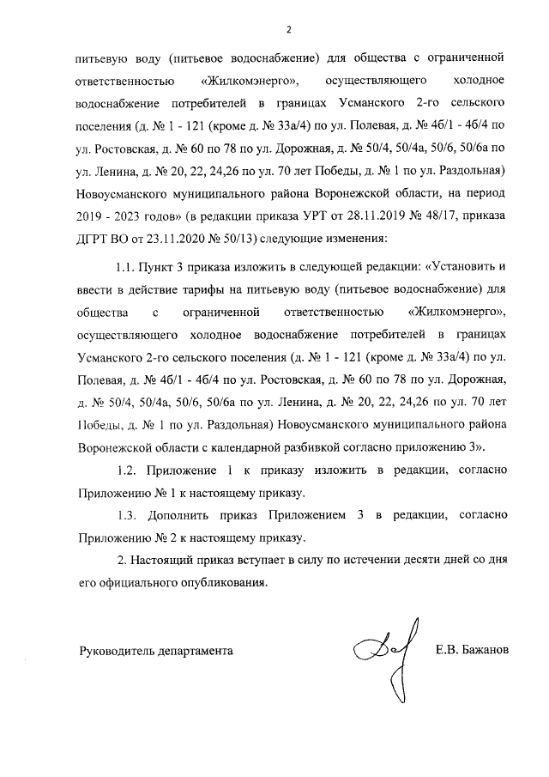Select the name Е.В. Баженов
[x=472, y=650]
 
